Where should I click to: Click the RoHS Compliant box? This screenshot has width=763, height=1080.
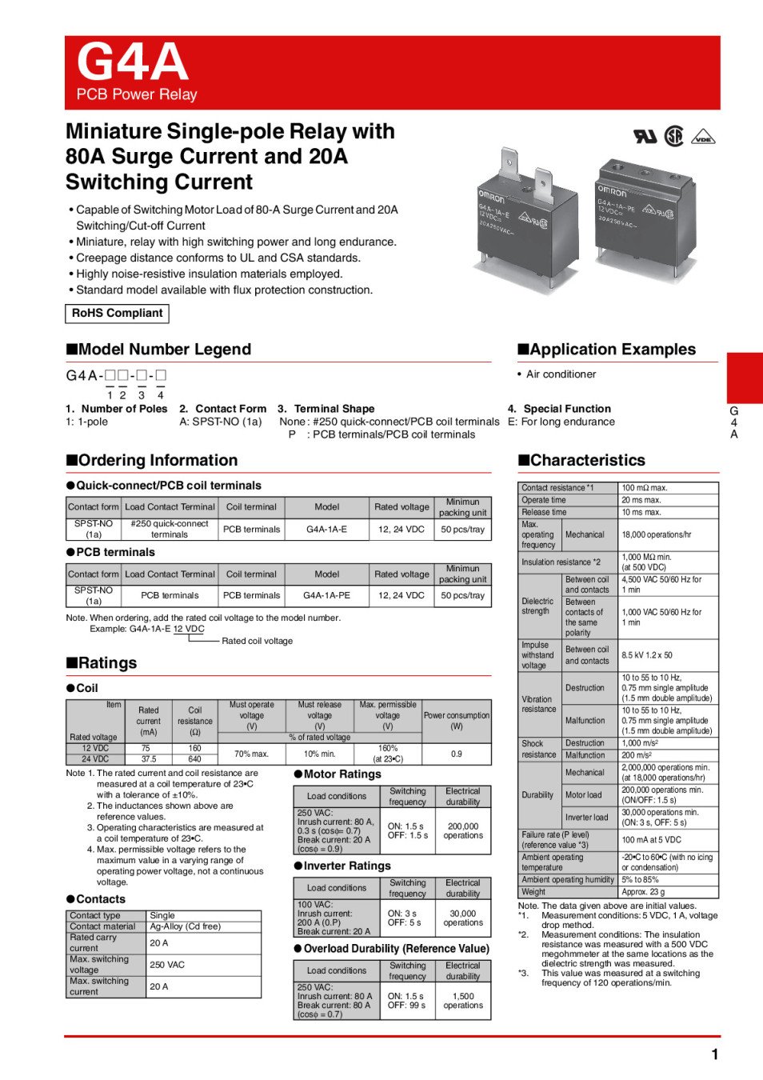pyautogui.click(x=117, y=314)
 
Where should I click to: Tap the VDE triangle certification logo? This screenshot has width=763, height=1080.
pyautogui.click(x=703, y=137)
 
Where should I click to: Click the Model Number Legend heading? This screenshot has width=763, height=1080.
pyautogui.click(x=158, y=350)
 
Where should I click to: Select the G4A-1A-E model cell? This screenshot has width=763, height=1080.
pyautogui.click(x=326, y=529)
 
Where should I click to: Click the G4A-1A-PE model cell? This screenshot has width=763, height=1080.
pyautogui.click(x=326, y=595)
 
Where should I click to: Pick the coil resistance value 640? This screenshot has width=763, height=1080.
pyautogui.click(x=194, y=759)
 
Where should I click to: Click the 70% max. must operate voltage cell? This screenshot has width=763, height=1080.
pyautogui.click(x=251, y=754)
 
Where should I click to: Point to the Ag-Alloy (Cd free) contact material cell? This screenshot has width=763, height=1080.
pyautogui.click(x=185, y=926)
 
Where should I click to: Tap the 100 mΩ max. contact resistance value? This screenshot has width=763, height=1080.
pyautogui.click(x=645, y=488)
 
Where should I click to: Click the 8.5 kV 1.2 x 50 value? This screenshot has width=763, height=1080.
pyautogui.click(x=647, y=655)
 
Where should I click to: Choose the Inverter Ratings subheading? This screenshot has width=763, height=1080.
pyautogui.click(x=342, y=866)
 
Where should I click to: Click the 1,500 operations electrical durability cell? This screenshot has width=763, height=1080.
pyautogui.click(x=463, y=1001)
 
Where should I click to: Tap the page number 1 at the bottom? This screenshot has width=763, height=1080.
pyautogui.click(x=714, y=1054)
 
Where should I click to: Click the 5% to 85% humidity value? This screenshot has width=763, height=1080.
pyautogui.click(x=641, y=880)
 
